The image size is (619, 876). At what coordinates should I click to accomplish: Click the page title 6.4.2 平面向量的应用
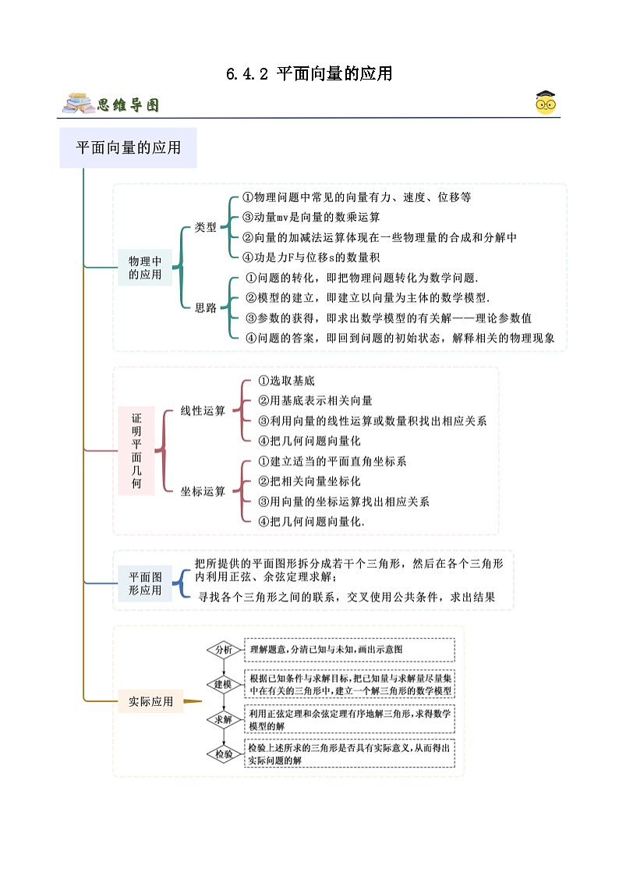click(309, 74)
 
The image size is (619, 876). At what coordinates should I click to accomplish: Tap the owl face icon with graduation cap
click(546, 103)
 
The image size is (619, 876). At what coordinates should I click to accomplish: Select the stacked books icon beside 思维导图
click(78, 104)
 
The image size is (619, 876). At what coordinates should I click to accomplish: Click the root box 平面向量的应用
click(128, 147)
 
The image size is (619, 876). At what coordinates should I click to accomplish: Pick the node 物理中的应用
click(145, 267)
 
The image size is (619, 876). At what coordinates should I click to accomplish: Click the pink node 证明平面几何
click(136, 451)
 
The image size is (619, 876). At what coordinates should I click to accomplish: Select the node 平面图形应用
click(145, 583)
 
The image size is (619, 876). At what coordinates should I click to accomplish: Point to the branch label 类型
click(205, 227)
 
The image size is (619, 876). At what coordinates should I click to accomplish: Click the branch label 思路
click(205, 307)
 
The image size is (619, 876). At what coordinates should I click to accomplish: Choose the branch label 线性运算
click(203, 410)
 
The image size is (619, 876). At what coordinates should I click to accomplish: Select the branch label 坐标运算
click(203, 491)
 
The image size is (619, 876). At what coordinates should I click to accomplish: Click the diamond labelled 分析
click(224, 649)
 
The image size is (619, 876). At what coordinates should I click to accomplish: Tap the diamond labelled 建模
click(224, 684)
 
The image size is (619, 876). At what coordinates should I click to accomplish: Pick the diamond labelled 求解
click(224, 719)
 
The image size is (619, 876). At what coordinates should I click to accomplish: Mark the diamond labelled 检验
click(224, 754)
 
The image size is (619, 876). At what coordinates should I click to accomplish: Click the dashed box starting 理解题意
click(349, 649)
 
